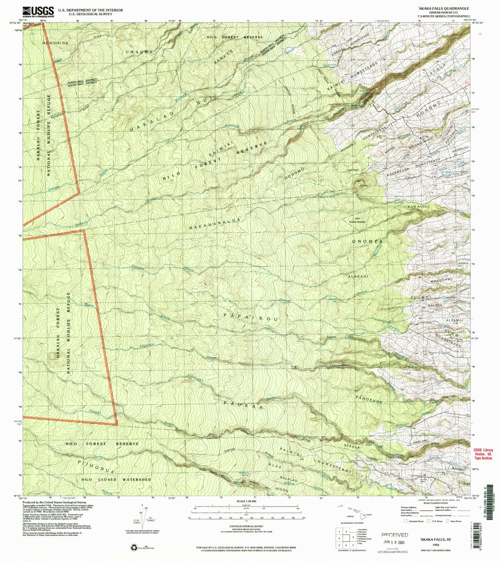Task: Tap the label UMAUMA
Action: coord(140,52)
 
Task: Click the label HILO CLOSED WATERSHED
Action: coord(116,480)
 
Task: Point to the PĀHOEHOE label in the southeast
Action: coord(369,398)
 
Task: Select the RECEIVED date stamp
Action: coord(395,537)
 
